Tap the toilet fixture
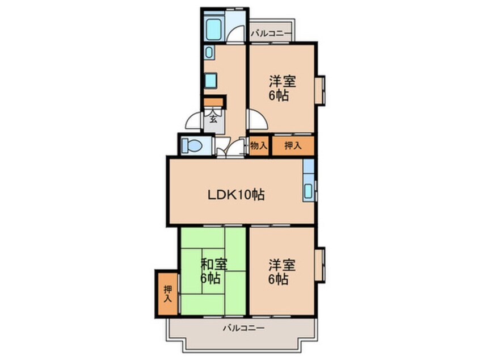tap(192, 145)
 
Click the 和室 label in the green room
tap(213, 264)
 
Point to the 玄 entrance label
tap(213, 119)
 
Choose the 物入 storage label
tap(259, 145)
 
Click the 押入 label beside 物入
tap(292, 145)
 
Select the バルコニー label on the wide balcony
tap(243, 328)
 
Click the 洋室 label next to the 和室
tap(282, 264)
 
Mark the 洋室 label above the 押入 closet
tap(282, 81)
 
